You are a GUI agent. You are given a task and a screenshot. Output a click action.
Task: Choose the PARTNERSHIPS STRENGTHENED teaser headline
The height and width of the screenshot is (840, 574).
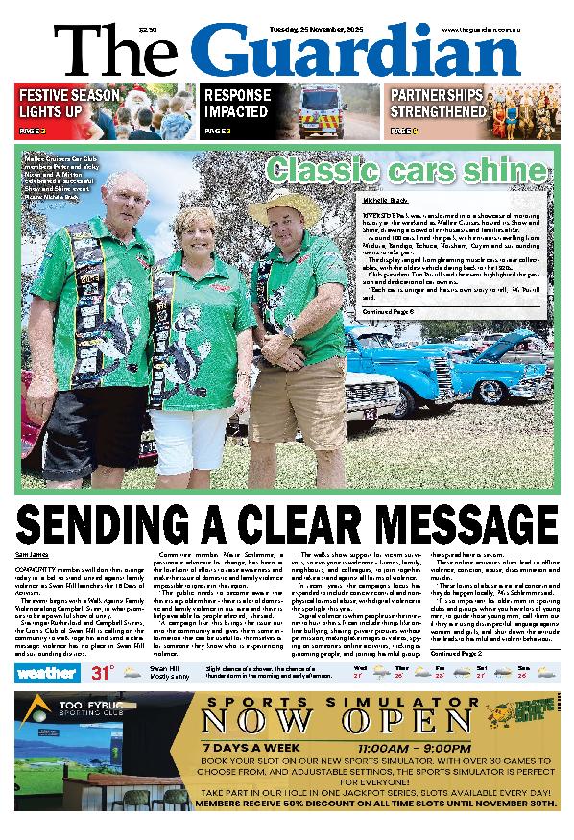click(436, 104)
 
